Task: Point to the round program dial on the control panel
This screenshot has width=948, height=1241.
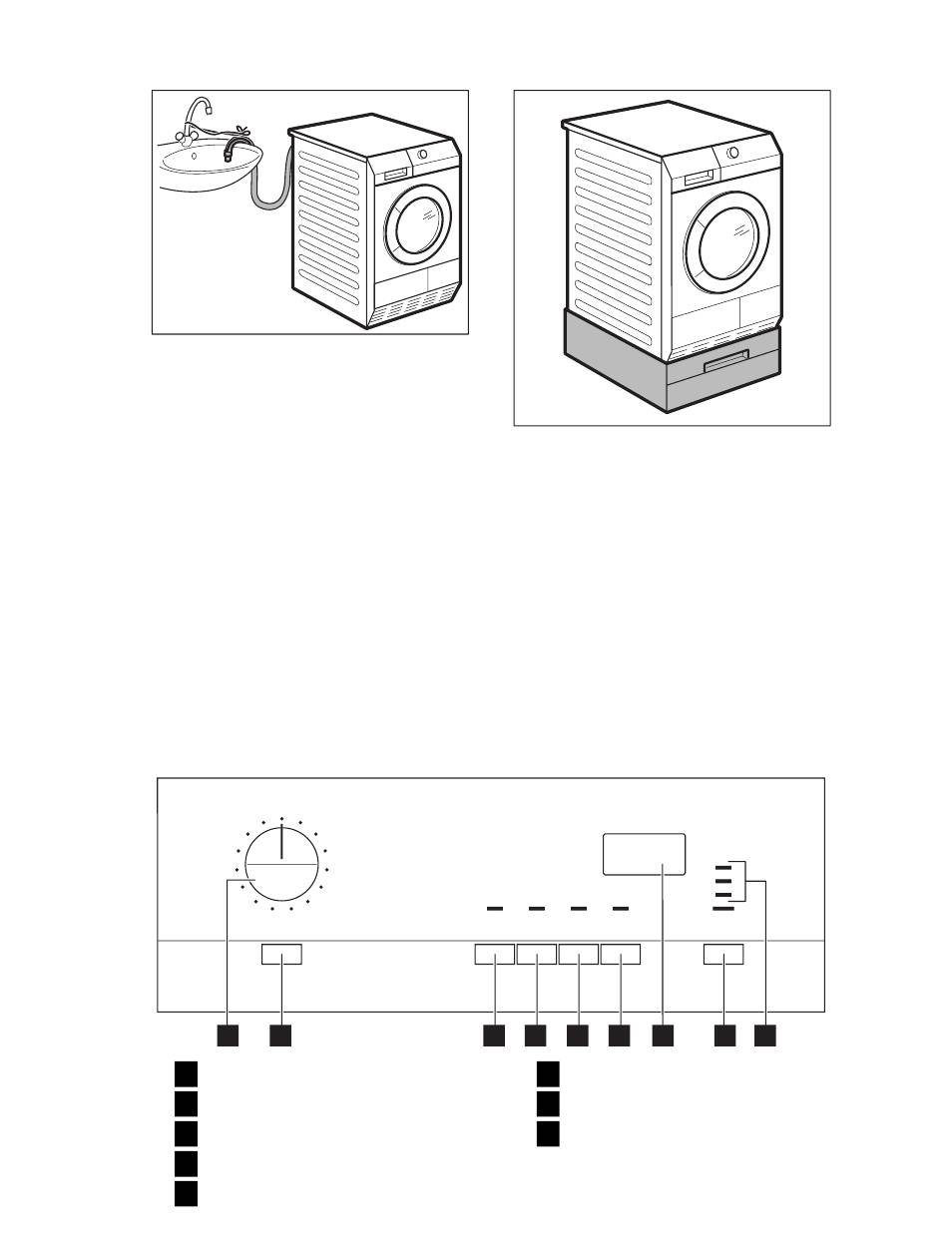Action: (281, 865)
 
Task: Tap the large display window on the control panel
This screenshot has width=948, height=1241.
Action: (645, 853)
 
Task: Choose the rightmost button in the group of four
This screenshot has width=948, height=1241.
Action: (621, 956)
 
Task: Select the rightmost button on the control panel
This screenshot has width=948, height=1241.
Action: (724, 956)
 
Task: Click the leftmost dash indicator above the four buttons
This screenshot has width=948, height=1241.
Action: (493, 909)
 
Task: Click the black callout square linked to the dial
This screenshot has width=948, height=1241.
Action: (228, 1036)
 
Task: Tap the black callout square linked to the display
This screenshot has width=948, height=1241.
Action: (664, 1036)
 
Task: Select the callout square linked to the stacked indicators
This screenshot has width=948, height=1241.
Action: (766, 1036)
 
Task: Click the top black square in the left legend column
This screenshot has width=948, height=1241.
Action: (186, 1074)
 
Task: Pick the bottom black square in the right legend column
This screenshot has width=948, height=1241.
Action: (548, 1134)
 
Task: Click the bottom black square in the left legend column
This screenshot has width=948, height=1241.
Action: (186, 1194)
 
